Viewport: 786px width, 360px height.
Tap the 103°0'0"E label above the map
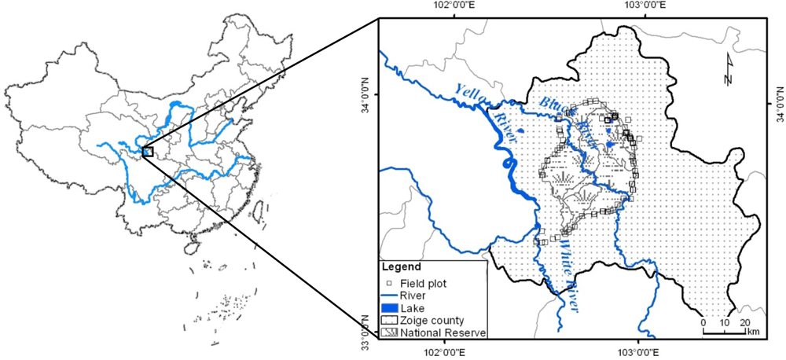coord(638,6)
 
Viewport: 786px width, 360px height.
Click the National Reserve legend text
coord(443,333)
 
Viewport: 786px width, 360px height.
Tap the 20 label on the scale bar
coord(746,322)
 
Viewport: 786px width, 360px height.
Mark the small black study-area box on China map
coord(147,151)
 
